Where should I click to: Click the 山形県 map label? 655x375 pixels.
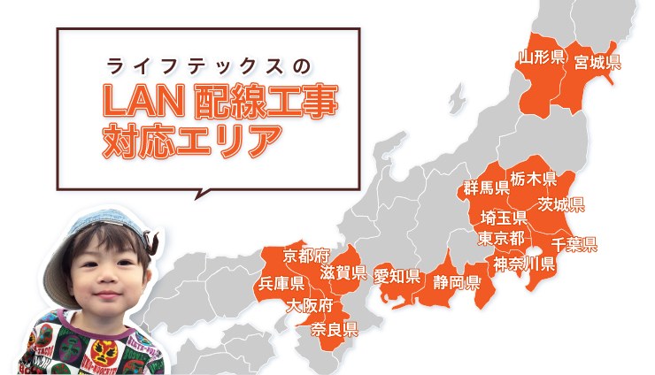point(542,58)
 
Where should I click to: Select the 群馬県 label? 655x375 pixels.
point(486,187)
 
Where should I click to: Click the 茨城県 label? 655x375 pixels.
point(560,204)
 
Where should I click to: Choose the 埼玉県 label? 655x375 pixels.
point(504,218)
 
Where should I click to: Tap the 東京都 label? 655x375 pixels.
point(501,238)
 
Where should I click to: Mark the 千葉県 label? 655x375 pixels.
point(574,244)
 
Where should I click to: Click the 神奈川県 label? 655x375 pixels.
point(524,263)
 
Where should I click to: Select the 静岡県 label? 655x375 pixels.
point(457,282)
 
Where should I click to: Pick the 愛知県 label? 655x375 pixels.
point(397,276)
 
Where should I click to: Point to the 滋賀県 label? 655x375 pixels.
point(343,272)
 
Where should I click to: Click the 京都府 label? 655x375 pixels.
point(306,256)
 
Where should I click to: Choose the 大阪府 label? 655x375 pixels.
point(309,306)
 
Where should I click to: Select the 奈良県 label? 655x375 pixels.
point(335,330)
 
